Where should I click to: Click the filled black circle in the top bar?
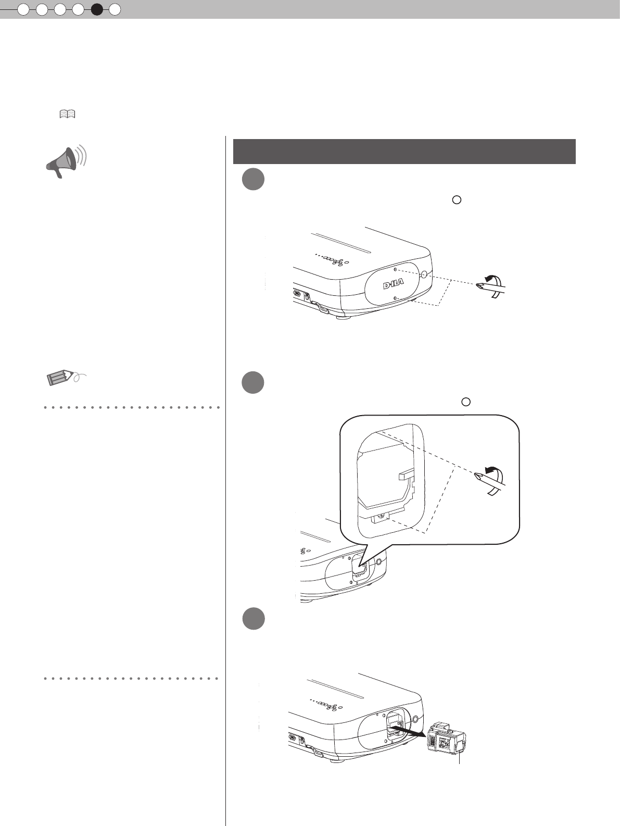(x=97, y=9)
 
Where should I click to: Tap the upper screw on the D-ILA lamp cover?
(x=396, y=270)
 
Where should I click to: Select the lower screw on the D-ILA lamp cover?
(x=396, y=298)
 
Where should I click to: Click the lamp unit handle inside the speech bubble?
(x=407, y=475)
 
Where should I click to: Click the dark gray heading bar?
(x=404, y=151)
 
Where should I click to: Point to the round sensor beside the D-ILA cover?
(x=424, y=274)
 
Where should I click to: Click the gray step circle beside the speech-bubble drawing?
(x=253, y=383)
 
